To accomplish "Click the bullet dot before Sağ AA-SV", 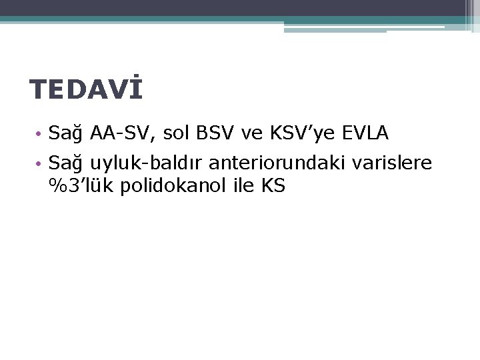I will [x=41, y=135].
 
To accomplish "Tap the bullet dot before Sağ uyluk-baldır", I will [x=41, y=163].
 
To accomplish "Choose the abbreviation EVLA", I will [x=365, y=134].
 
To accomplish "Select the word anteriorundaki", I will [x=275, y=163].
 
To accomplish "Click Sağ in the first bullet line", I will [x=65, y=135].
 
